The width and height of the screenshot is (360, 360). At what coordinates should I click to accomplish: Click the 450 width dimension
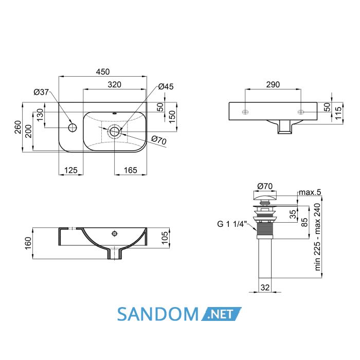[x=103, y=72]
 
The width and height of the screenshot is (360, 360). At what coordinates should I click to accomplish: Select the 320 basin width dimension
[x=114, y=85]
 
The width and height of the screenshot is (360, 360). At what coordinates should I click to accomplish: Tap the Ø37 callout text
[x=41, y=92]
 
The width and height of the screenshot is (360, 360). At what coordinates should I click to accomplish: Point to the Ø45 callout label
[x=166, y=86]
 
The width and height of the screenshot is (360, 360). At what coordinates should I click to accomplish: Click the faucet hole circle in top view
[x=73, y=128]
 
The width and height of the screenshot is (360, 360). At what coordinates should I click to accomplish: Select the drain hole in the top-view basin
[x=114, y=132]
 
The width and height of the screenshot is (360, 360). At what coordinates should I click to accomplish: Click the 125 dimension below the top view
[x=71, y=170]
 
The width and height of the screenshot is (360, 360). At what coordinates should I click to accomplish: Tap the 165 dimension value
[x=131, y=170]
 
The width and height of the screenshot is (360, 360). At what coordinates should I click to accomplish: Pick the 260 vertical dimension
[x=17, y=127]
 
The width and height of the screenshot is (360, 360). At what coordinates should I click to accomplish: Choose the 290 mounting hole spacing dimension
[x=273, y=85]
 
